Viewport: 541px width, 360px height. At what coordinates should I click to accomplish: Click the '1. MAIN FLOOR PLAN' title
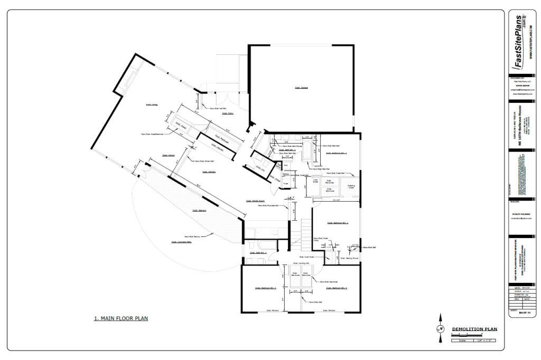120,318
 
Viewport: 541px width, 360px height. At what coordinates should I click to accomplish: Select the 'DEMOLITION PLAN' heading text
475,329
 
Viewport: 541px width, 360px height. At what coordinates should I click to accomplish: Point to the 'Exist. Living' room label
152,105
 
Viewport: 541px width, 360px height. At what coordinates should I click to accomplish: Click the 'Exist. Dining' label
169,156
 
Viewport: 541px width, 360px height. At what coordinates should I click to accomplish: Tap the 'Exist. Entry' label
228,113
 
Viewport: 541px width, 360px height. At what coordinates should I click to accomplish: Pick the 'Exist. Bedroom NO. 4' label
336,288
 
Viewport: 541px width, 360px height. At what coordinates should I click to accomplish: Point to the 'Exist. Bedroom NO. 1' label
336,153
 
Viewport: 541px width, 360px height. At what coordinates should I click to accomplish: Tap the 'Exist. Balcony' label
199,210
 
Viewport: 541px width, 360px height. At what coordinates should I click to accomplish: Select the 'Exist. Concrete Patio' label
181,242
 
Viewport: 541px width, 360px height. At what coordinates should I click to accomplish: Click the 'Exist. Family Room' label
255,201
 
